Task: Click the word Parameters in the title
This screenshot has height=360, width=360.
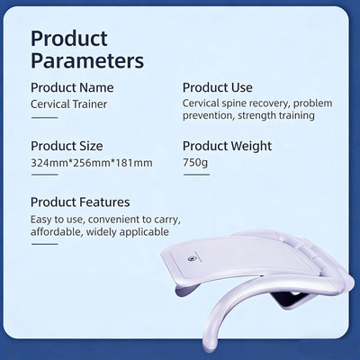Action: click(x=87, y=60)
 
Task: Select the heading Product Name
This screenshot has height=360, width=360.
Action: click(x=72, y=87)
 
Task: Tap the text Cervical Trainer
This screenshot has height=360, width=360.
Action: click(x=68, y=104)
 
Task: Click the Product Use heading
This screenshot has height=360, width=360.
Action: click(x=218, y=87)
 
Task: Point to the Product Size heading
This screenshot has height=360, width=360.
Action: click(x=67, y=146)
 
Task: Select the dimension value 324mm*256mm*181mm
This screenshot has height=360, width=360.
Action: click(x=92, y=163)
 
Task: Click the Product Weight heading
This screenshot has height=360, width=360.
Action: click(x=227, y=146)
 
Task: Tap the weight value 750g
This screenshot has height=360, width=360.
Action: click(x=195, y=162)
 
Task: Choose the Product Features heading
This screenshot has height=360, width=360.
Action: click(x=80, y=202)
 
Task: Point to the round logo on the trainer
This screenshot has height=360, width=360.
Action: click(x=190, y=258)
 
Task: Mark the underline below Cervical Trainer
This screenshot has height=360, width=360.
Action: click(x=44, y=118)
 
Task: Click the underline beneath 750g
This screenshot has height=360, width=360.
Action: click(x=196, y=175)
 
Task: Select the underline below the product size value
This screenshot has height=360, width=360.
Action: click(x=44, y=175)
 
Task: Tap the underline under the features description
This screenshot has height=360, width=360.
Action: click(x=44, y=244)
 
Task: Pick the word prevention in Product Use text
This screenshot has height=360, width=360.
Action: click(x=208, y=115)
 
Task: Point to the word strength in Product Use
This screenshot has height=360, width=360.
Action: click(x=256, y=115)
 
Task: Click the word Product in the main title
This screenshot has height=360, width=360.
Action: click(x=69, y=39)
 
